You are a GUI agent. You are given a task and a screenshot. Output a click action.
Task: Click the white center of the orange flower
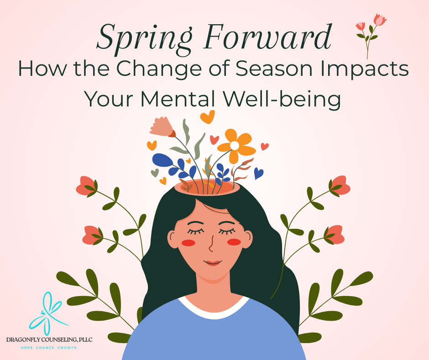pos(235,146)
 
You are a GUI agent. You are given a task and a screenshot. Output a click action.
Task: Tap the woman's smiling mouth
pos(212,264)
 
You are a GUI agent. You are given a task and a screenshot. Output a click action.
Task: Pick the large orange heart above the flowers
pos(207,117)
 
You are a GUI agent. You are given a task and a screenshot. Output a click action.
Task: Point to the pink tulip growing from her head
pos(162,126)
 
